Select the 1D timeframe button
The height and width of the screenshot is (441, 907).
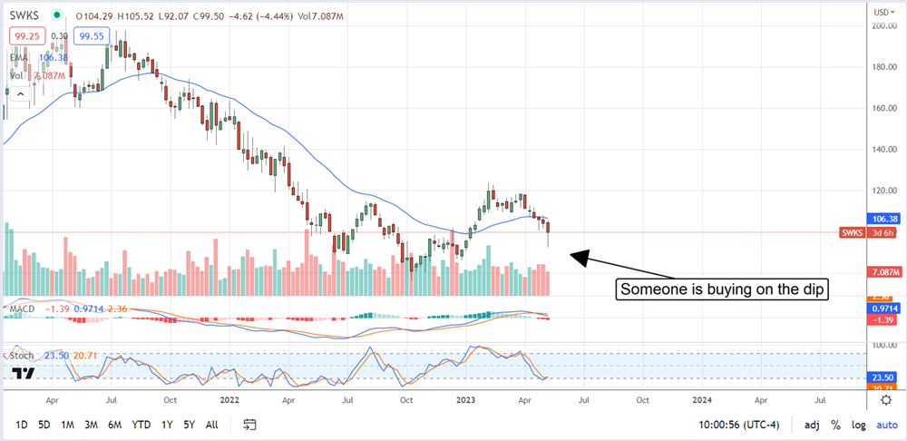point(22,424)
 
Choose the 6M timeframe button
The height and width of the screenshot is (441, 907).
point(114,424)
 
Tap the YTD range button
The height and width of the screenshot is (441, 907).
point(141,424)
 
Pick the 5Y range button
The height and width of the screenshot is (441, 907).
point(188,424)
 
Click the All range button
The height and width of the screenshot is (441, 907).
point(211,424)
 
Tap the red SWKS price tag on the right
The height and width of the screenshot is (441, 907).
point(855,233)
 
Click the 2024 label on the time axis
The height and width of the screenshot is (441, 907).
point(701,398)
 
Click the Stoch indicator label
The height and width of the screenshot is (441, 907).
point(22,355)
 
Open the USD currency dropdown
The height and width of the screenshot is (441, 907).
point(879,12)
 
